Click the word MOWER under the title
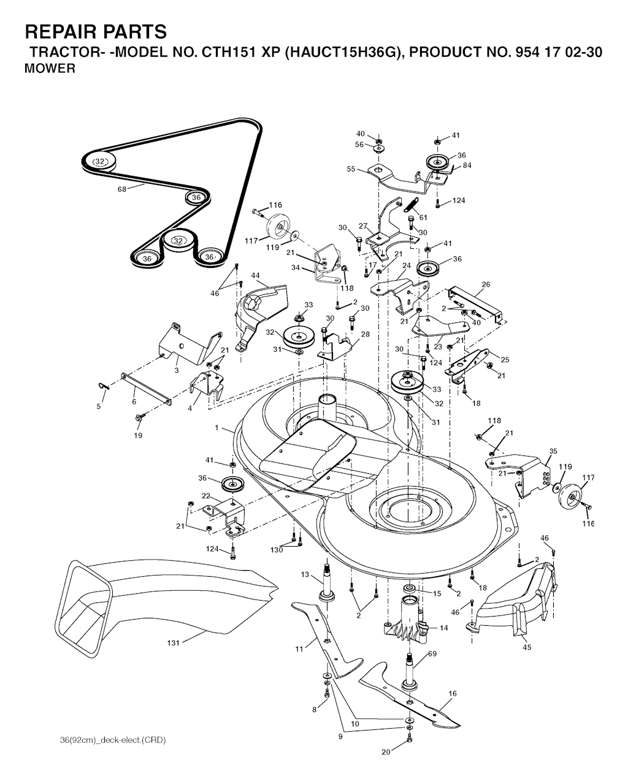click(50, 69)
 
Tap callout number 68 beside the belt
click(122, 189)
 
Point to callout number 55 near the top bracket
click(351, 169)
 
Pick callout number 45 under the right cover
click(527, 647)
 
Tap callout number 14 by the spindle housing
click(443, 628)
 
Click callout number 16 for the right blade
click(453, 693)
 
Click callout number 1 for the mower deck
click(216, 428)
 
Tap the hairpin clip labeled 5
click(104, 387)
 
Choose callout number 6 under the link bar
click(134, 401)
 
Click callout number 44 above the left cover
click(255, 275)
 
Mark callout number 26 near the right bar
click(486, 284)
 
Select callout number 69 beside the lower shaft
click(432, 653)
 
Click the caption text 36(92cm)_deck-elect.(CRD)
click(113, 740)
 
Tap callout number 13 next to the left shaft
click(305, 574)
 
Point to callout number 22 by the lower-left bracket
click(205, 496)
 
